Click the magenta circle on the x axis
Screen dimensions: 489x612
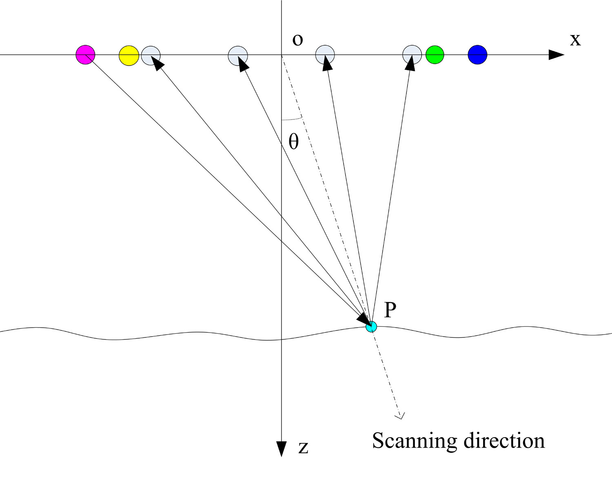86,55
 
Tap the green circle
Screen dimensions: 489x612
435,55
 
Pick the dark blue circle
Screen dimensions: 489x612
477,55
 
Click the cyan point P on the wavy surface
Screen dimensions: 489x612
371,326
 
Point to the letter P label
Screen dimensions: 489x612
390,311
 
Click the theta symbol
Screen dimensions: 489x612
294,142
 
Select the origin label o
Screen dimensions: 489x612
298,40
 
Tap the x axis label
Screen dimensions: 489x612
575,40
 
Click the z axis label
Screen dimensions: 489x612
303,448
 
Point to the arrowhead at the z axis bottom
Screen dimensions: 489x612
282,448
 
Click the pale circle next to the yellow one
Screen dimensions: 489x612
151,55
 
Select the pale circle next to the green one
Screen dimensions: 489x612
412,55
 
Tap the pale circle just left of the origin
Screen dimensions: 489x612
238,55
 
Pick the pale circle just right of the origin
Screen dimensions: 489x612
325,55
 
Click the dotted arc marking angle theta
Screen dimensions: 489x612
292,119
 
